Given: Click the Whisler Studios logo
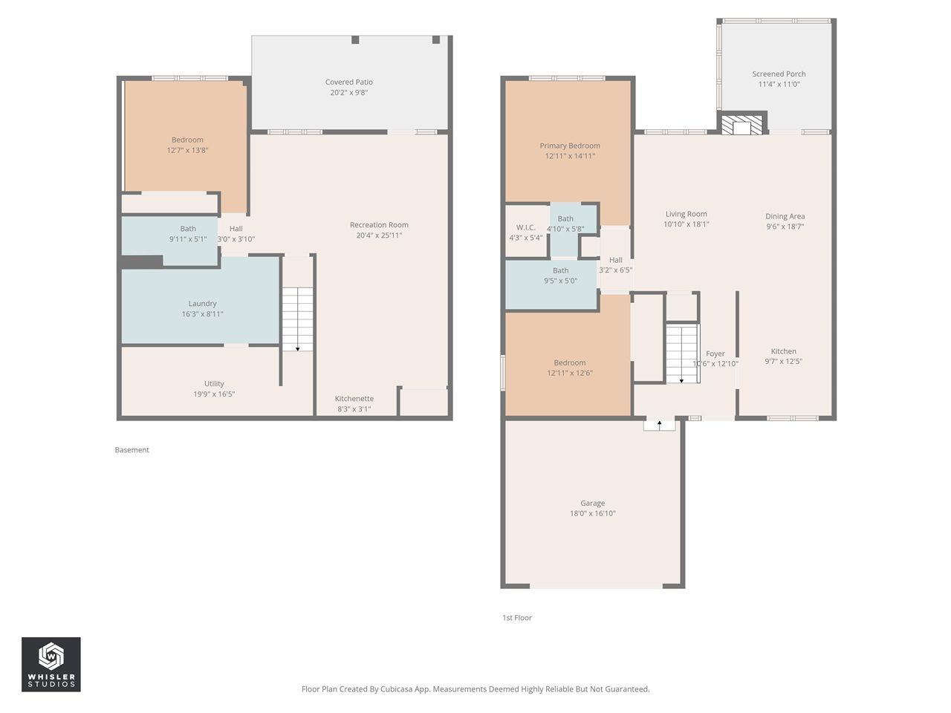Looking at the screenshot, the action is point(51,664).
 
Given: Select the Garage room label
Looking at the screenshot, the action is point(592,503).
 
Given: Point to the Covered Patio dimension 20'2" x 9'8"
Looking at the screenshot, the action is point(348,92).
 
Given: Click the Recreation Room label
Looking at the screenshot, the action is point(379,225).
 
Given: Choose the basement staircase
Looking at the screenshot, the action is point(298,319).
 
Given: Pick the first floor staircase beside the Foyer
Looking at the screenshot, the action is point(682,354).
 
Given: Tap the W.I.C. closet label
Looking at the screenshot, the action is point(525,227).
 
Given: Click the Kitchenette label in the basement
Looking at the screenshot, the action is point(354,398).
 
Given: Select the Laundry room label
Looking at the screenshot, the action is point(202,304).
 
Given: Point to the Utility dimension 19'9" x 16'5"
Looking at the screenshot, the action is point(214,394).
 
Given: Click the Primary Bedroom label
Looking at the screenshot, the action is point(570,146).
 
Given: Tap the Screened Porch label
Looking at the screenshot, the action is point(779,74).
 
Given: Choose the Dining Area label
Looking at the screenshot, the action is point(785,216).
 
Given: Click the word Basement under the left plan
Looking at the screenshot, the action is point(132,450).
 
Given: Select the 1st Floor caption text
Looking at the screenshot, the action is point(517,618).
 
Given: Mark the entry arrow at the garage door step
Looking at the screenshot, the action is point(660,425).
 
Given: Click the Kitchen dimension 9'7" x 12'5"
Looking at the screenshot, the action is point(783,362).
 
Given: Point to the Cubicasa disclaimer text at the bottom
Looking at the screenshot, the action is point(475,688).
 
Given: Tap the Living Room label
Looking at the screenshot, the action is point(686,214).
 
